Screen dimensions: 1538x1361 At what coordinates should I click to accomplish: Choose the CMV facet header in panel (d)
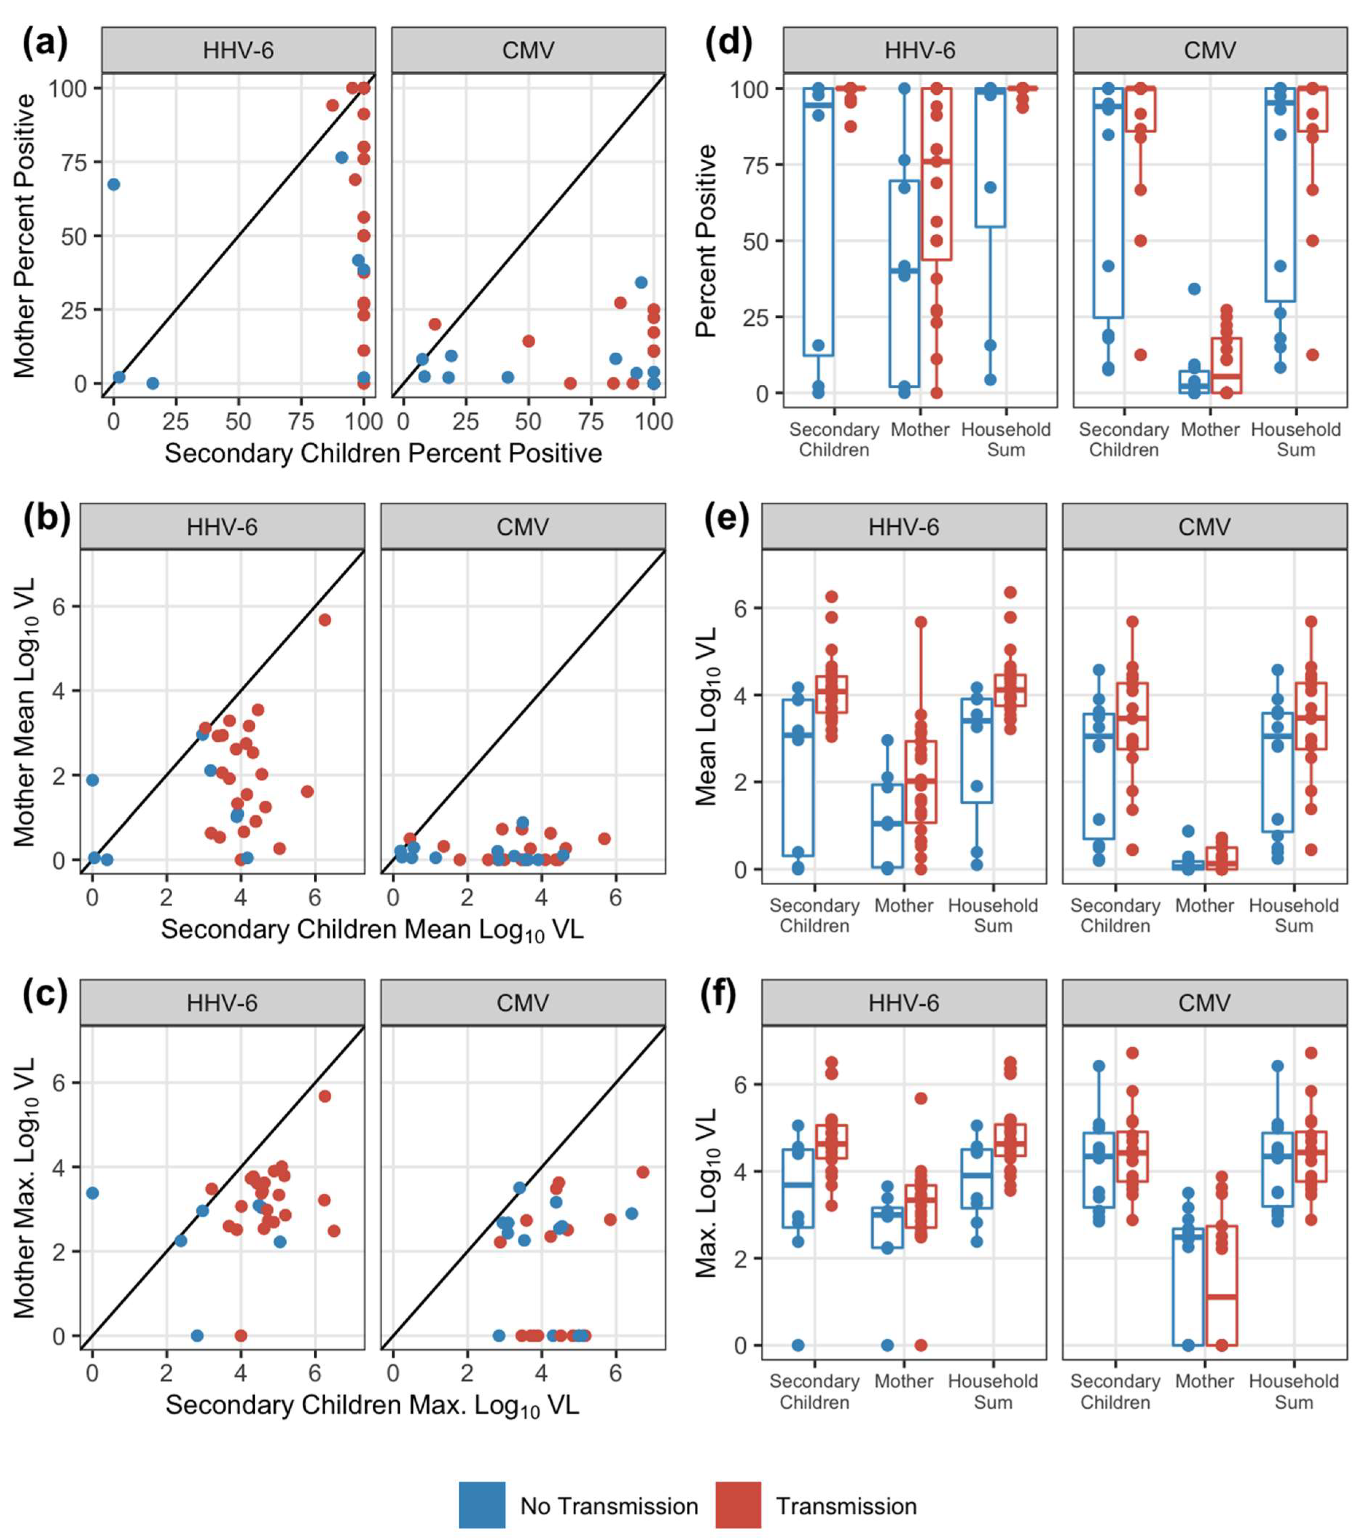click(x=1209, y=50)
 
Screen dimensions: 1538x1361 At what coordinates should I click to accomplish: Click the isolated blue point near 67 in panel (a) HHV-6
click(x=114, y=184)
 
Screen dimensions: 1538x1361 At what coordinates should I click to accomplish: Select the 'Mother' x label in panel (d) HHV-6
click(x=919, y=429)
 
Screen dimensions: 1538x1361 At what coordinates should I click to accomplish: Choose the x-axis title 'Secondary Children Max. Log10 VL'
click(x=372, y=1405)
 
